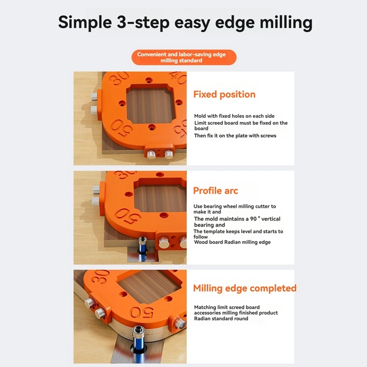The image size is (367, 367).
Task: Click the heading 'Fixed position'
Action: coord(224,95)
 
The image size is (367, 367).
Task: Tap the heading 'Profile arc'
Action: coord(215,191)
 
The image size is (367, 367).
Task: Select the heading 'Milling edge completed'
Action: coord(245,288)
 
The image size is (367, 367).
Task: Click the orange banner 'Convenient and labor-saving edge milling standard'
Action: coord(181,57)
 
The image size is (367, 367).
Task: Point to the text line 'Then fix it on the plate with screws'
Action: coord(235,136)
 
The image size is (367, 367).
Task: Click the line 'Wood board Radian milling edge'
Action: coord(232,242)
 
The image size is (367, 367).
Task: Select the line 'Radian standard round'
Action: coord(221,318)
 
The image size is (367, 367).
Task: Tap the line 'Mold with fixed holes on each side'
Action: coord(234,116)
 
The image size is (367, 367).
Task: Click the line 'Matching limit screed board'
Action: coord(227,307)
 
